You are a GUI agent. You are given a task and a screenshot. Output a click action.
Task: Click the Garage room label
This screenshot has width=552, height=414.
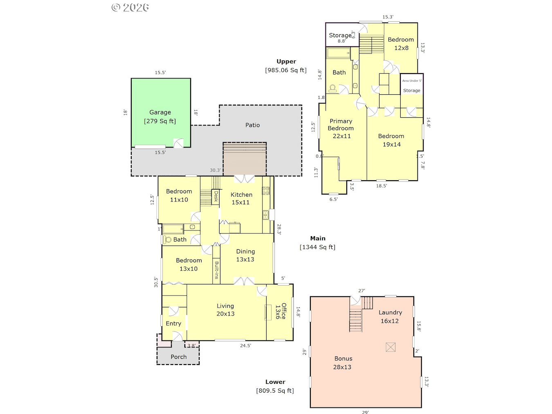[x=160, y=112]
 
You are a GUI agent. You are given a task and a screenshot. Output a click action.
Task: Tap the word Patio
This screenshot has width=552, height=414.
[x=252, y=125]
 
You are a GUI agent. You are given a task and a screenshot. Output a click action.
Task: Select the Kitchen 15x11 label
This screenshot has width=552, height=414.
[x=241, y=198]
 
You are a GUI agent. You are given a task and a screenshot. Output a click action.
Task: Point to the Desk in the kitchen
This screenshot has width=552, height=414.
[x=215, y=196]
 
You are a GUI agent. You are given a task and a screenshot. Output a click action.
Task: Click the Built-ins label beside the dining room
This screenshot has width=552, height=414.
[x=216, y=270]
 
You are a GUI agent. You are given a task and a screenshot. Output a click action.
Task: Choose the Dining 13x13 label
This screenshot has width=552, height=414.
[x=245, y=255]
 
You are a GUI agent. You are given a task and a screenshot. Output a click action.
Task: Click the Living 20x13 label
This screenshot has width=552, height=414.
[x=225, y=310]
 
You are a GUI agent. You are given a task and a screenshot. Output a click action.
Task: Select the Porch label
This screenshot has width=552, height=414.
[x=179, y=357]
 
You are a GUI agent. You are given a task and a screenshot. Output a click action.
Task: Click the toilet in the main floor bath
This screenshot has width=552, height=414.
[x=167, y=239]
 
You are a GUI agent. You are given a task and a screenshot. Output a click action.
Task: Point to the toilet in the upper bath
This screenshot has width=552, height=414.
[x=332, y=89]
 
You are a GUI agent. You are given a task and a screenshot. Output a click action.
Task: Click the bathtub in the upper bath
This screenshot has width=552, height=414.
[x=338, y=53]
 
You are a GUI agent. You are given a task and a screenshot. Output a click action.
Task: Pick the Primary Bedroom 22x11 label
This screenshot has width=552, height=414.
[x=341, y=128]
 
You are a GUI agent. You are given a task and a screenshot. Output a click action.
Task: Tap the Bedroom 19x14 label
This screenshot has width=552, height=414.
[x=391, y=140]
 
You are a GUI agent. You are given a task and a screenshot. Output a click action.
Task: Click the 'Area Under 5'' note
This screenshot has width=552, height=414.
[x=412, y=81]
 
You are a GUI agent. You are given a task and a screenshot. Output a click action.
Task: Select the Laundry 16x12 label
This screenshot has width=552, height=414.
[x=390, y=316]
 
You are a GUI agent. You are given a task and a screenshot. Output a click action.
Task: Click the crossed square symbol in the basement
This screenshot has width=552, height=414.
[x=390, y=347]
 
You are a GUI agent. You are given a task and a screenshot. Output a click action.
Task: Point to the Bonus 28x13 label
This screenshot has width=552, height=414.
[x=343, y=363]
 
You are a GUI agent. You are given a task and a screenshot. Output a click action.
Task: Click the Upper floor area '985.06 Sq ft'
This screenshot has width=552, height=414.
[x=286, y=70]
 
